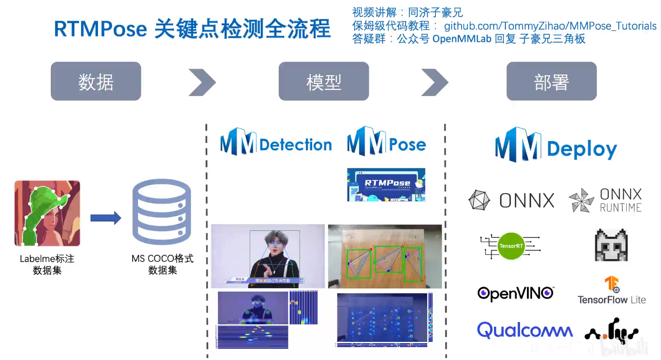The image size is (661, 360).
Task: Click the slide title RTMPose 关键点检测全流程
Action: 192,29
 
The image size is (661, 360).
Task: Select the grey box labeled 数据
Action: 96,81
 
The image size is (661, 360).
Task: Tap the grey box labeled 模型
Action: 324,81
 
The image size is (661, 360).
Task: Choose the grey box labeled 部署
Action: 551,81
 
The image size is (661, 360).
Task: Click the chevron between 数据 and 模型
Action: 202,82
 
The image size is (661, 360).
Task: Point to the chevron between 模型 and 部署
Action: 434,82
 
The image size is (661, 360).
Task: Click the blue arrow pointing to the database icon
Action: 106,218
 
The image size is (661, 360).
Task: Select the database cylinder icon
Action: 162,213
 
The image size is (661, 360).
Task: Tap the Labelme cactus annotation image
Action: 47,213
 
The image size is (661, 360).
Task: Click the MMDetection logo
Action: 276,142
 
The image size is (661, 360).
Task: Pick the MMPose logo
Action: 386,142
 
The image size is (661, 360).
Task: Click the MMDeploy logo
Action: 556,146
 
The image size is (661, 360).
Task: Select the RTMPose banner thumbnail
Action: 386,185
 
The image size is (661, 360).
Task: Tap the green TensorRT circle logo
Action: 511,246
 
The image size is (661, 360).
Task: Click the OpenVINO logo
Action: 516,293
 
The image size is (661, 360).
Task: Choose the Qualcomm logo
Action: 525,330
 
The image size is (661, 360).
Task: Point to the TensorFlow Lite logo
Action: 612,291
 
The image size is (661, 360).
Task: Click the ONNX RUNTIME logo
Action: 606,200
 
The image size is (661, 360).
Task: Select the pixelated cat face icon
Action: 611,245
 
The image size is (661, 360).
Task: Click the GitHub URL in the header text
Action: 550,26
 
